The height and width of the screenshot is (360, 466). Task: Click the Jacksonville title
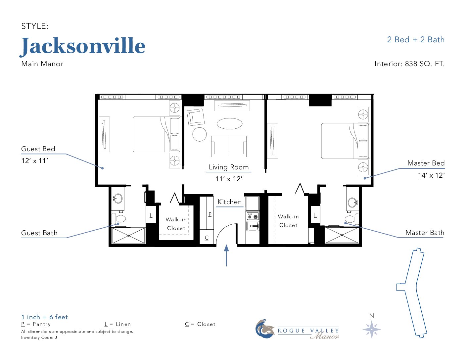[x=82, y=46]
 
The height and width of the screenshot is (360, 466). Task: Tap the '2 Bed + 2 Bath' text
[x=416, y=40]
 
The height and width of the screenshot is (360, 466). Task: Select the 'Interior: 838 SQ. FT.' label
[x=409, y=64]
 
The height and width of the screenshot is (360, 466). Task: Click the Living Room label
[x=229, y=167]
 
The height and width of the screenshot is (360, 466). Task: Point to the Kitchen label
[x=229, y=202]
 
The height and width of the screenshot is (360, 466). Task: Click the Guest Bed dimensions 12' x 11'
[x=34, y=160]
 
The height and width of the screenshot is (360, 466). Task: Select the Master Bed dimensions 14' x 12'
[x=431, y=175]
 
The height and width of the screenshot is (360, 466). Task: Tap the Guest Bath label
[x=39, y=233]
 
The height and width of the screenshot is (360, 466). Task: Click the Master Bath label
[x=425, y=233]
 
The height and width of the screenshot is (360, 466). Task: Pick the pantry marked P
[x=207, y=213]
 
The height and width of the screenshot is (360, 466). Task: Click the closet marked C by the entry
[x=207, y=237]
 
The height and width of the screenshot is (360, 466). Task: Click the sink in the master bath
[x=352, y=202]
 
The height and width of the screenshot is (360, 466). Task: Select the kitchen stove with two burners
[x=253, y=216]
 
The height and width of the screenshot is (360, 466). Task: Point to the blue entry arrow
[x=226, y=255]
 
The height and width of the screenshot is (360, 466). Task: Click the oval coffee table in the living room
[x=229, y=123]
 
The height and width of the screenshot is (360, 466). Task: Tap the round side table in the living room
[x=200, y=134]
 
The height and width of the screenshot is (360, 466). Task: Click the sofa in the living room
[x=229, y=146]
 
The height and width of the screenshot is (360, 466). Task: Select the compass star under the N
[x=372, y=329]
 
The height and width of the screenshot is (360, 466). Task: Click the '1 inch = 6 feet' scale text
[x=44, y=317]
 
